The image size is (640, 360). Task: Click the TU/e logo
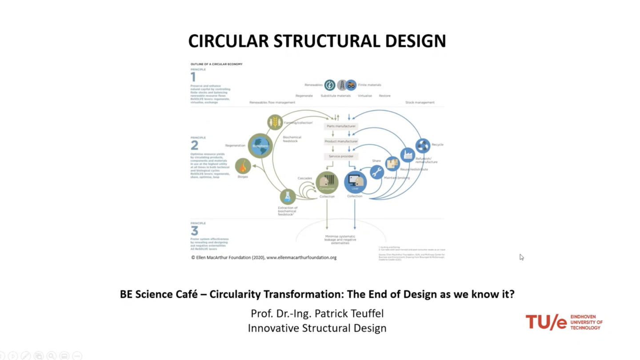tap(564, 322)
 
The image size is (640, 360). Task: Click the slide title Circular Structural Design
tap(317, 41)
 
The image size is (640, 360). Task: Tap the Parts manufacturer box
tap(341, 126)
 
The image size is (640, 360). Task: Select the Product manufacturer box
tap(341, 141)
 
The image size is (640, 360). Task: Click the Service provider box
tap(341, 156)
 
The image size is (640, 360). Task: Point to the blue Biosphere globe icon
tap(260, 145)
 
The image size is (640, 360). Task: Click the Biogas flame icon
tap(243, 166)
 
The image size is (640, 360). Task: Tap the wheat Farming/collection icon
tap(275, 122)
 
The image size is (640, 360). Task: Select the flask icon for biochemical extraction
tap(288, 196)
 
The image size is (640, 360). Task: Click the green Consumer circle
tap(327, 182)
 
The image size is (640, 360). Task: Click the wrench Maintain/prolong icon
tap(377, 172)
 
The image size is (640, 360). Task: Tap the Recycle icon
tap(423, 145)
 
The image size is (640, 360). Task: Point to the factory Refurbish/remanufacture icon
tap(408, 155)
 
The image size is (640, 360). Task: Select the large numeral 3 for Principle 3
tap(194, 231)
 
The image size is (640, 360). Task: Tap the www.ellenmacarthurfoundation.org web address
tap(301, 257)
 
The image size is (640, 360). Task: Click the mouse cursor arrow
tap(521, 257)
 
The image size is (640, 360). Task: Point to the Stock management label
tap(420, 103)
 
